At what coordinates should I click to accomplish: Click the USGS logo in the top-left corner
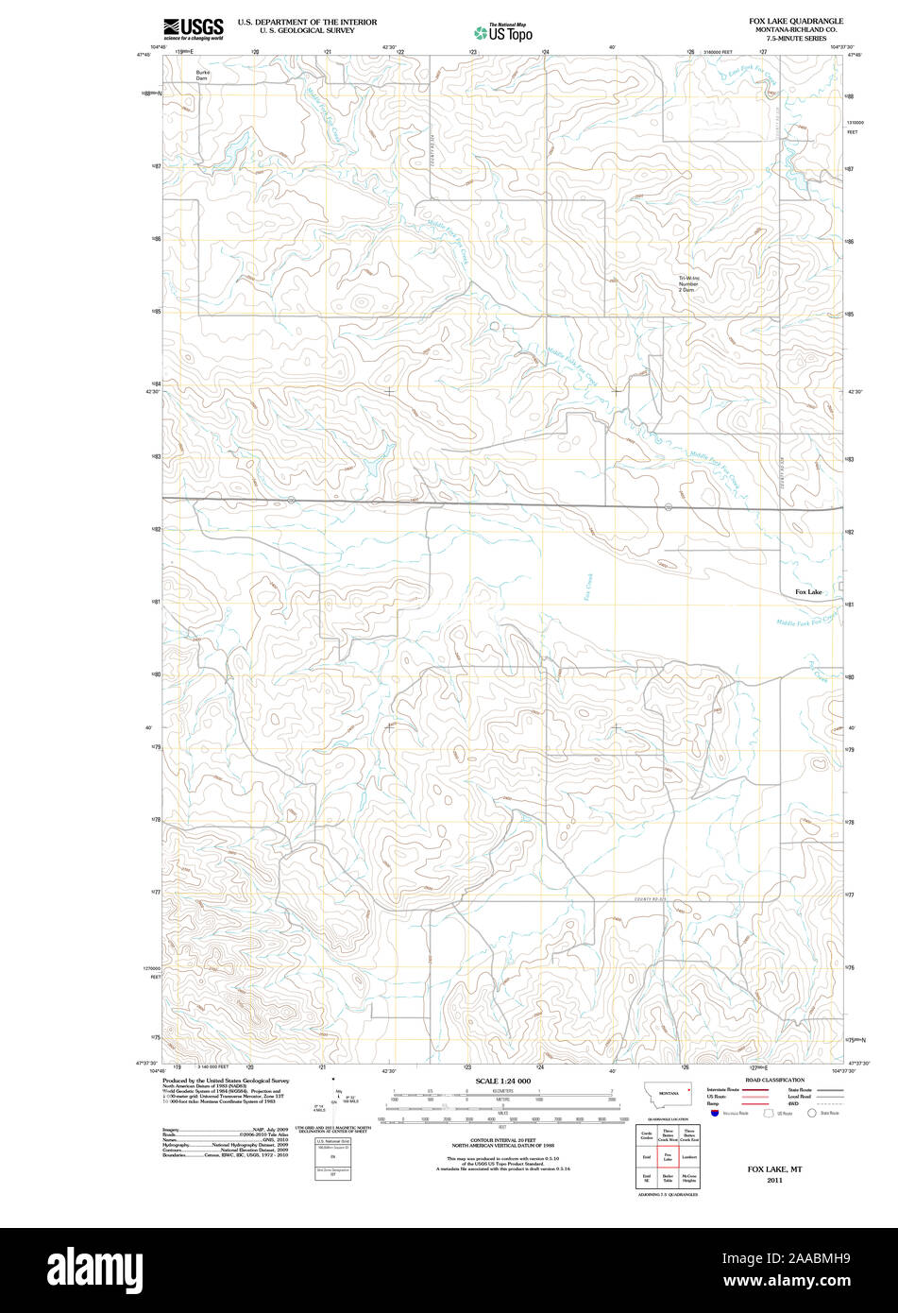point(193,28)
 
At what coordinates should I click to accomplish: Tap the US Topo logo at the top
point(503,32)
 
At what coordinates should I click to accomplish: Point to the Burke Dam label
point(202,76)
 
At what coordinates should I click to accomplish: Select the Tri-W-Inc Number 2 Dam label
point(688,283)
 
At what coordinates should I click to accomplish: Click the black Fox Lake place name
point(808,592)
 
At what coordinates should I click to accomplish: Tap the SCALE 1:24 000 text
point(502,1081)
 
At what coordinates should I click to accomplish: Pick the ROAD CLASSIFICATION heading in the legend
point(774,1080)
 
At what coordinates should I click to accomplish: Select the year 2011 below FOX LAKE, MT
point(774,1180)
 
